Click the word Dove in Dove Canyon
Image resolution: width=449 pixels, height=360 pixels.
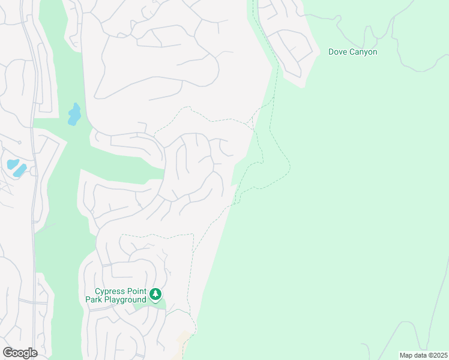[x=339, y=52]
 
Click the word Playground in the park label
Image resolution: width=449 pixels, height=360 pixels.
[x=125, y=299]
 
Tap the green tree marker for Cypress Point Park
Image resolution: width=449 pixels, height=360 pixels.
[x=156, y=294]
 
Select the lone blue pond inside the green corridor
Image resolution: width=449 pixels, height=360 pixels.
[x=74, y=114]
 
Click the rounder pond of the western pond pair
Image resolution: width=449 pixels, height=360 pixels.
[x=12, y=164]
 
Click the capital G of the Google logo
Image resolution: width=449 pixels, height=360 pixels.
[x=8, y=353]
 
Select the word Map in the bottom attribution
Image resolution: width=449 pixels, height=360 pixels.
[x=407, y=355]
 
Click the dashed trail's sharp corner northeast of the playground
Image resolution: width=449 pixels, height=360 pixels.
[x=193, y=235]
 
